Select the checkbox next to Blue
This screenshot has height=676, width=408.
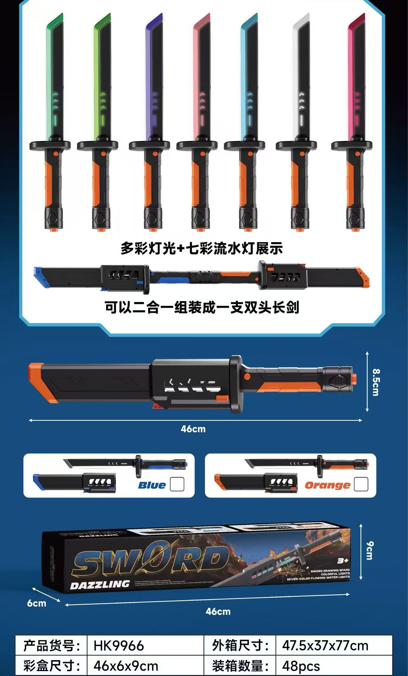point(177,484)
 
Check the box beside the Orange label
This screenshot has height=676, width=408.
point(361,484)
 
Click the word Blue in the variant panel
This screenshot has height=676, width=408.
point(152,485)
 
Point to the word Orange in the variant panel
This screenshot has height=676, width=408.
point(327,485)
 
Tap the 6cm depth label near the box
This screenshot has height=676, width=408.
point(37,603)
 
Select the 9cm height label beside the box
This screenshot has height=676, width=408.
point(369,550)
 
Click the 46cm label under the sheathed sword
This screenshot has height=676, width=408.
point(193,429)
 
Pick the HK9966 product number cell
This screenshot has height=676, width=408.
point(119,646)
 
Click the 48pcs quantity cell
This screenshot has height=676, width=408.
point(301,666)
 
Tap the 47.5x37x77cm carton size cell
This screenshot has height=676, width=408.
point(325,646)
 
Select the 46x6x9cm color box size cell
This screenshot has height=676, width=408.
point(126,666)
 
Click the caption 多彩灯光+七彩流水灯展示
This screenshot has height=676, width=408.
point(201,248)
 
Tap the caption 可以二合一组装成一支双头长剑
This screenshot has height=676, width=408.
point(202,307)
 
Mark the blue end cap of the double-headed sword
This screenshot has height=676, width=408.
point(40,275)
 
